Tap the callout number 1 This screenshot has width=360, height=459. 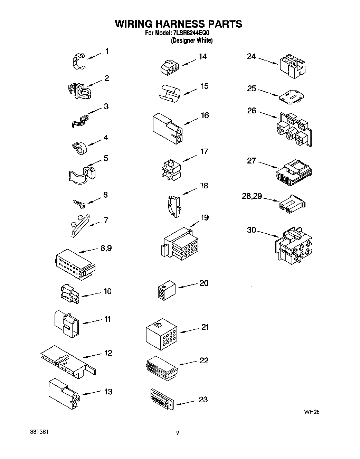pos(107,51)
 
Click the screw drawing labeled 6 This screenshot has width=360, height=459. pos(79,204)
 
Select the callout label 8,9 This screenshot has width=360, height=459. pos(106,248)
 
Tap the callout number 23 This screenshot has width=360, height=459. pos(203,400)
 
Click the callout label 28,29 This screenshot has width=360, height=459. pos(252,196)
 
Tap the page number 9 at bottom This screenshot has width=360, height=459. pos(178,433)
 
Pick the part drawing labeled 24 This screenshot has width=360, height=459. pos(292,65)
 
